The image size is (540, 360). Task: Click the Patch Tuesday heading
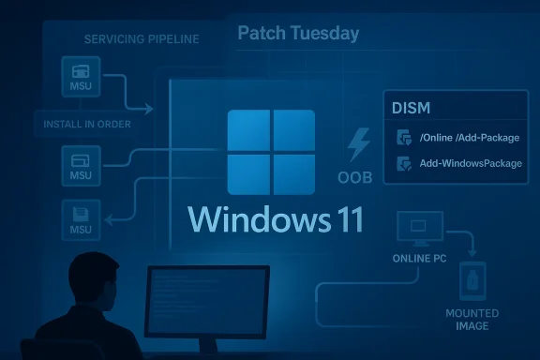(298, 34)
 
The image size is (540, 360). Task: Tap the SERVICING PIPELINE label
(142, 39)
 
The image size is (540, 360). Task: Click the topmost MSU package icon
(81, 76)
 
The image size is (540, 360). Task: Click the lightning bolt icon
(358, 146)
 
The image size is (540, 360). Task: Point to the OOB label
(356, 178)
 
